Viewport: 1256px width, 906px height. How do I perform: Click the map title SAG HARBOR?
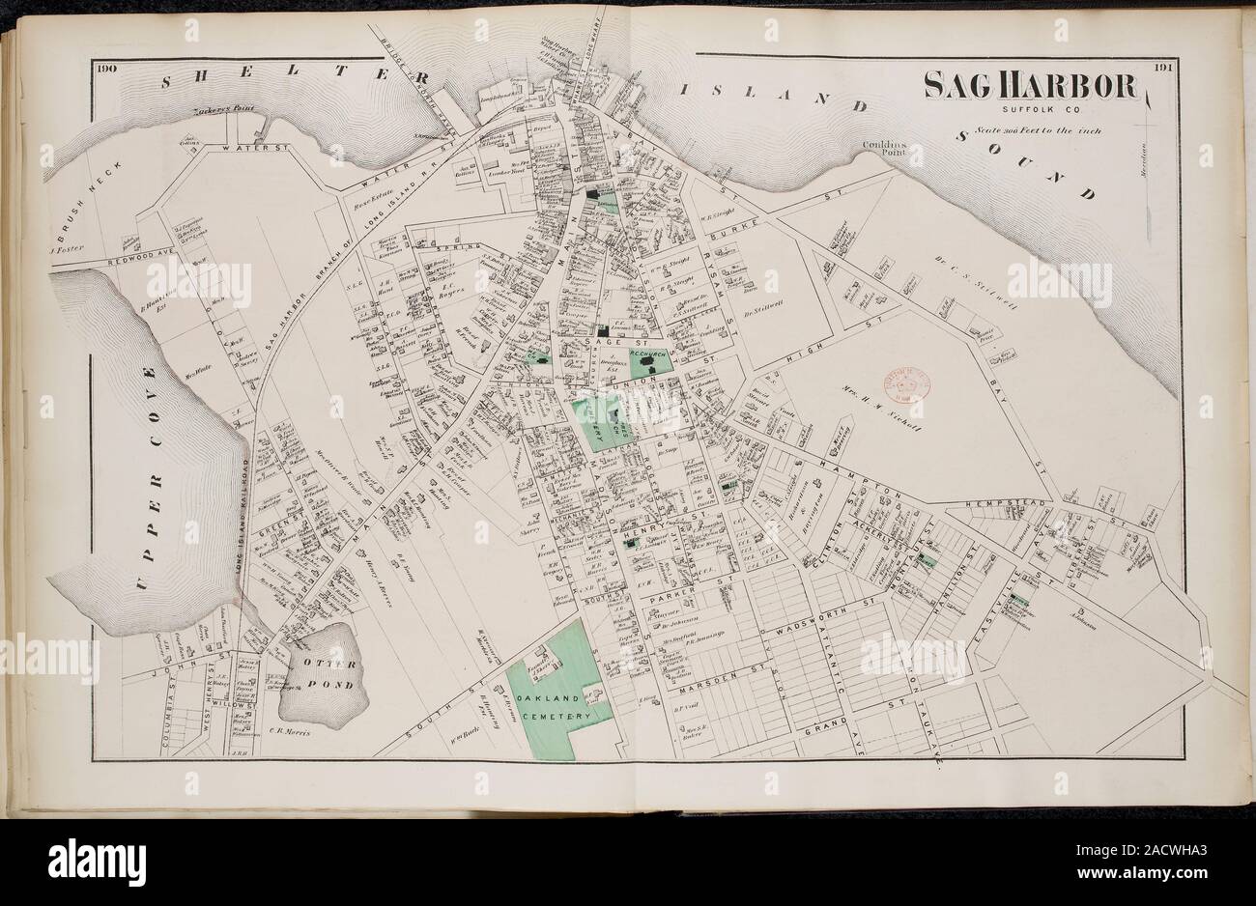click(x=1030, y=87)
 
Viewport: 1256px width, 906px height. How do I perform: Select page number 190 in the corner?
click(x=105, y=68)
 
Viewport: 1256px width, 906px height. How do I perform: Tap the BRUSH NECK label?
click(x=93, y=198)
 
